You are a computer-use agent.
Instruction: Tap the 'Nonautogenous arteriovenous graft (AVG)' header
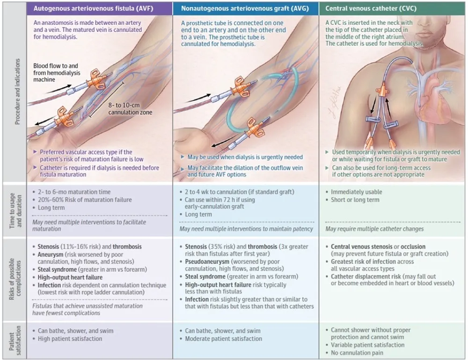click(245, 8)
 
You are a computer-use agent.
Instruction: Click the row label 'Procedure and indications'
click(18, 91)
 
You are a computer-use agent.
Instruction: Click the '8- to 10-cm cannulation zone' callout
click(130, 109)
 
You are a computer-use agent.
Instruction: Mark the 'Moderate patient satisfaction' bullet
click(223, 338)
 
